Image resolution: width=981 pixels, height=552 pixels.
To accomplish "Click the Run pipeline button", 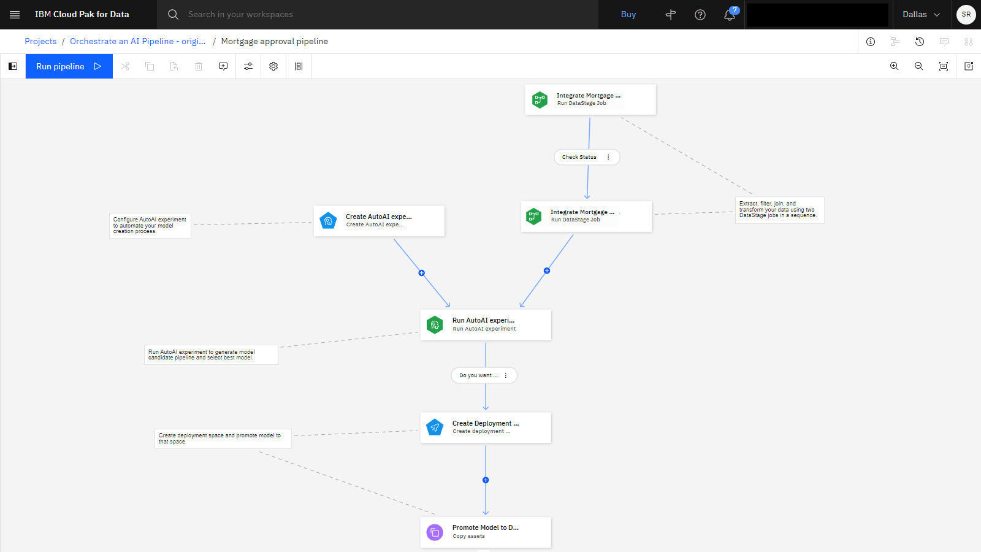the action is click(x=69, y=66).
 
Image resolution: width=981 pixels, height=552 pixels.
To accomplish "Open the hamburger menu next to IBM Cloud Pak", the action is click(x=15, y=15).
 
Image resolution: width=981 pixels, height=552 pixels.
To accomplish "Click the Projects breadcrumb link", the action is click(x=40, y=41).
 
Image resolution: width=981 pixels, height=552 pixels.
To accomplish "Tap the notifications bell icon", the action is click(x=730, y=15).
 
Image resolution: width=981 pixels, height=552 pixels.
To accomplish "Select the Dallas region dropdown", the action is click(x=921, y=15).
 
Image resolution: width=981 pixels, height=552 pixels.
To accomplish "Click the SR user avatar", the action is click(x=966, y=15).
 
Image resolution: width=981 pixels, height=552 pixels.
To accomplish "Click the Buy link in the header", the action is click(x=628, y=15).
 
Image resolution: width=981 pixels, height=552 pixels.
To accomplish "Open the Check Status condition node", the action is click(x=587, y=157).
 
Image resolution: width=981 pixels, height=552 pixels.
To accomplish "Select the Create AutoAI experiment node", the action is click(x=380, y=221).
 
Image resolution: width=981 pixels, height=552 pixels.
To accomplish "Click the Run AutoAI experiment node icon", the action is click(x=435, y=324).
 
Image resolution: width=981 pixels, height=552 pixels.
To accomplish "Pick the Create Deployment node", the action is click(x=486, y=427).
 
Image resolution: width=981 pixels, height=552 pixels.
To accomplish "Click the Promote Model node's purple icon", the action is click(x=435, y=532).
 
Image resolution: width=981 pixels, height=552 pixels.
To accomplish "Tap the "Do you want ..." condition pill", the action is click(x=484, y=375).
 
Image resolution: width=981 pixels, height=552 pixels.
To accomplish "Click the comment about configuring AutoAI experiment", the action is click(x=150, y=225).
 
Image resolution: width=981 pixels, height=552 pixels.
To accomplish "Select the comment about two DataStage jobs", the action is click(x=779, y=210).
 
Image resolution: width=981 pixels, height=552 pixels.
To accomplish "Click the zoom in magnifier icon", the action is click(x=895, y=66).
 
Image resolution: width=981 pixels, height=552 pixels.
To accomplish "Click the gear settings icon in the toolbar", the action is click(x=273, y=66).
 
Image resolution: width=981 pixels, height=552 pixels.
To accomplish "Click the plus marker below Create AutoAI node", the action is click(x=421, y=273).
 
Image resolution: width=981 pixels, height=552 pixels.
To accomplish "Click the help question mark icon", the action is click(x=700, y=15).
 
